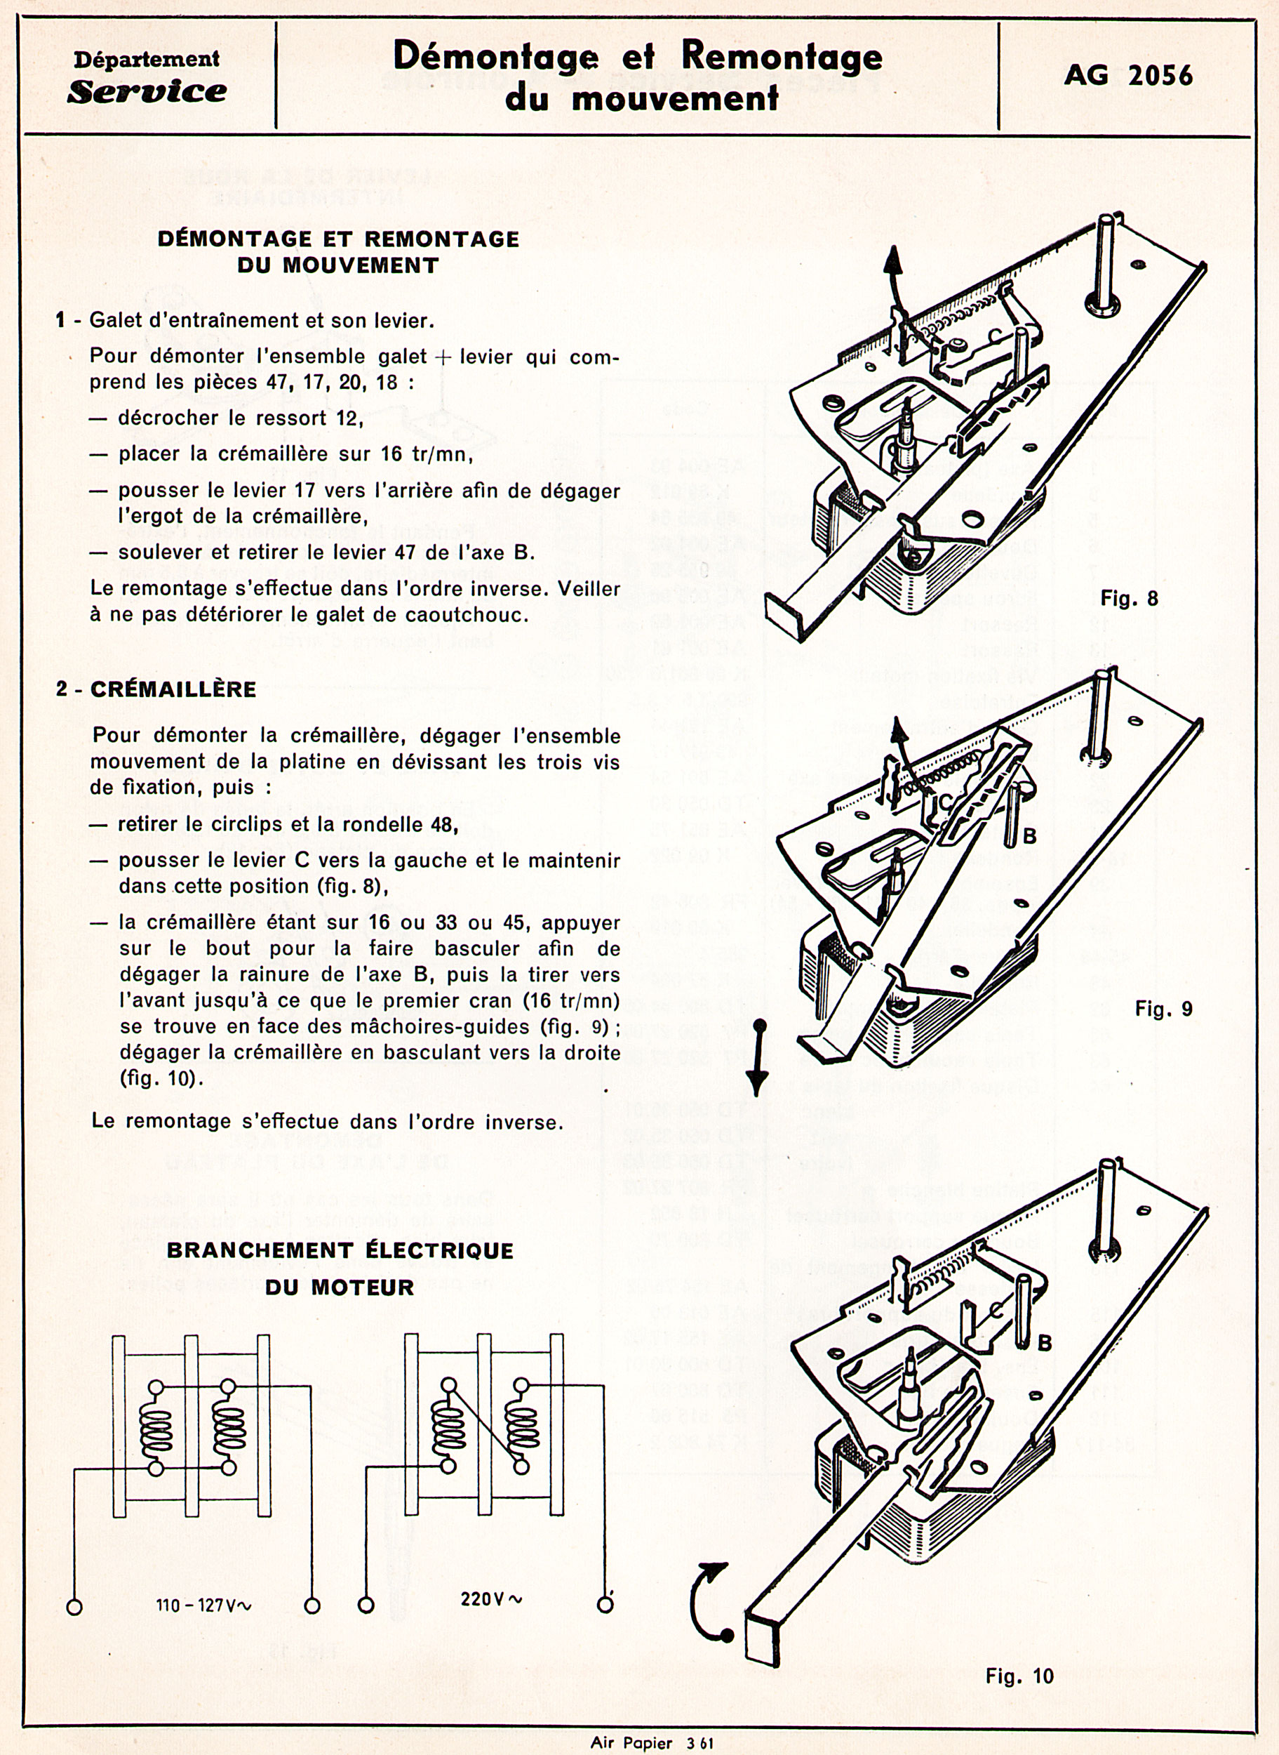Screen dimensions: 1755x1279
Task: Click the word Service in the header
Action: tap(147, 91)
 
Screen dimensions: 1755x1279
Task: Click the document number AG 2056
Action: tap(1128, 75)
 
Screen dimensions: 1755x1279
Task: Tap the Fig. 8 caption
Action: tap(1129, 598)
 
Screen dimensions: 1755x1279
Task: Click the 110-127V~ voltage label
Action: tap(204, 1605)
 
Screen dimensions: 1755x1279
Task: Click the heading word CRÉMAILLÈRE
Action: tap(173, 689)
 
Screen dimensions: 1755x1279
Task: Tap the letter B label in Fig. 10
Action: tap(1044, 1342)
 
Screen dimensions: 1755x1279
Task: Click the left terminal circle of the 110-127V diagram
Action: tap(74, 1607)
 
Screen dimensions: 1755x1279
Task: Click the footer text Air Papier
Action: tap(630, 1743)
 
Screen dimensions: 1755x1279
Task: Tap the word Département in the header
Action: tap(147, 59)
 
